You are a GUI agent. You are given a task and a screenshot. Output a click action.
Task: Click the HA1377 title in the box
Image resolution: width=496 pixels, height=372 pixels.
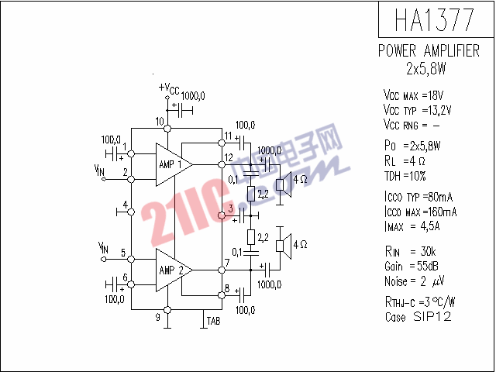(435, 19)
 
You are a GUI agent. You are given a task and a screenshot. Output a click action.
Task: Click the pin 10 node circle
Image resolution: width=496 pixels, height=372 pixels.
(167, 129)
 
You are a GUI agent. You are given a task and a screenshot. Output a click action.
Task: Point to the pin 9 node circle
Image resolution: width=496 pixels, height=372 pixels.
(167, 310)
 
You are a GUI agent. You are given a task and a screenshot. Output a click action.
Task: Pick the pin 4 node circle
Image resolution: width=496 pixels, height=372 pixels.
(131, 212)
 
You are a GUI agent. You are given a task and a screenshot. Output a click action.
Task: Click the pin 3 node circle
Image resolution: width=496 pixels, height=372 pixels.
(222, 215)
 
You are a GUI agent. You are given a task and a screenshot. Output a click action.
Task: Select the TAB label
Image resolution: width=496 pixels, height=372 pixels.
(214, 321)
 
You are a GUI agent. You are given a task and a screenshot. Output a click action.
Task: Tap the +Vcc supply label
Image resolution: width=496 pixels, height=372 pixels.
(169, 88)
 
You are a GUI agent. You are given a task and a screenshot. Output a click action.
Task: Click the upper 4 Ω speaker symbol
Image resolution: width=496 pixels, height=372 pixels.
(284, 184)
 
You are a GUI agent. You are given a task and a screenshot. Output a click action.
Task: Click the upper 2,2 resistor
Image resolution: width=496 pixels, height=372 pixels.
(251, 194)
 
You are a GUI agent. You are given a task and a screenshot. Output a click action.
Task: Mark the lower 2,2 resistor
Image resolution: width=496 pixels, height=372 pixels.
(251, 237)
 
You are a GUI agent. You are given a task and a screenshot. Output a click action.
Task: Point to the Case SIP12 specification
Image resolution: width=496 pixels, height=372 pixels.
(418, 316)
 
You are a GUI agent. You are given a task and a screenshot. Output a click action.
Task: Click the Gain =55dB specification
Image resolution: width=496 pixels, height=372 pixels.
(412, 266)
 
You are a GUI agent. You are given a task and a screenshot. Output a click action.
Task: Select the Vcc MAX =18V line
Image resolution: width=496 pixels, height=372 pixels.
(413, 95)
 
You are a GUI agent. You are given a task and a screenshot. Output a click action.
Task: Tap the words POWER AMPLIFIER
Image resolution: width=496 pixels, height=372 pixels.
(429, 51)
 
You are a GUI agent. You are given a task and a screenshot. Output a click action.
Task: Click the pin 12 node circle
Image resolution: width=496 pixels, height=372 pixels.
(222, 165)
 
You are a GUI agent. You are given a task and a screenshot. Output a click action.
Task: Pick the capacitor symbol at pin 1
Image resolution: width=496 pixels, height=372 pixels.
(114, 154)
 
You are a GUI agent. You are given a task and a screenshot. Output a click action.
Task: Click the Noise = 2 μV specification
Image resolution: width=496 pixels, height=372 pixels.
(415, 281)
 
